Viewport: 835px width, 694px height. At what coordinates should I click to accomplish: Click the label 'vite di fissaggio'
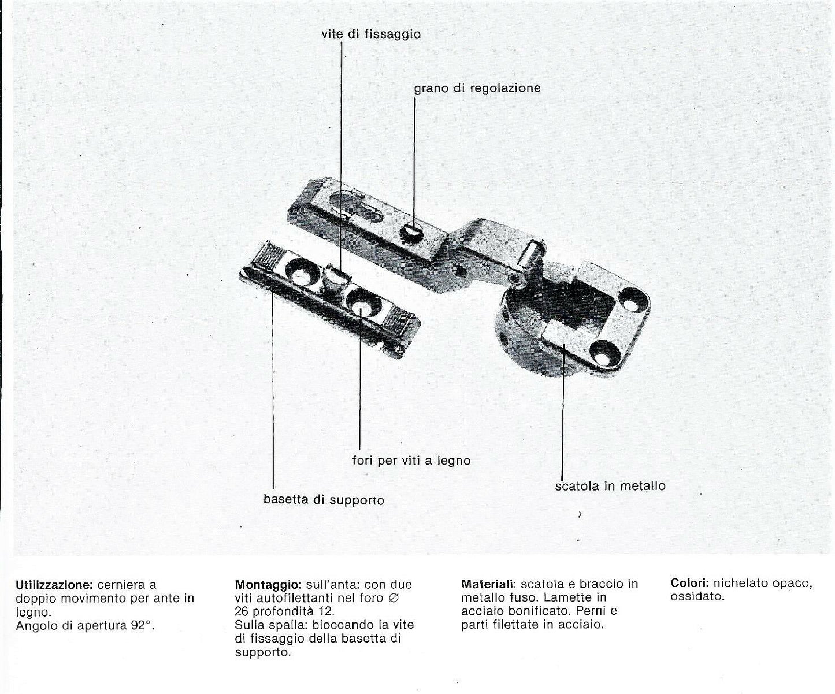tap(371, 34)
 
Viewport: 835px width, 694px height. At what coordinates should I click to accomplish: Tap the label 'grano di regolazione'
tap(477, 88)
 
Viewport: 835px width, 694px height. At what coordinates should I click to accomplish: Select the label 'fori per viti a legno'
tap(411, 461)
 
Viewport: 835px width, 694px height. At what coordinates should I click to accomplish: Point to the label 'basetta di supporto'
tap(324, 499)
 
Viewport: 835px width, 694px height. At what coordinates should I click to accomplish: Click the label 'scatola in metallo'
tap(610, 486)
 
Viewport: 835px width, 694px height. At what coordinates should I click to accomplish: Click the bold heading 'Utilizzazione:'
tap(54, 585)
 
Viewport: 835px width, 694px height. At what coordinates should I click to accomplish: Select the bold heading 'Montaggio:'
tap(268, 585)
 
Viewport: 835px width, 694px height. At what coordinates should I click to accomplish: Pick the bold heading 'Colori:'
tap(690, 583)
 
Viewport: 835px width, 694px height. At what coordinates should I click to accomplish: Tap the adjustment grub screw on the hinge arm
tap(411, 232)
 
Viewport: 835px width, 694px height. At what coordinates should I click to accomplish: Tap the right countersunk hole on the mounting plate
tap(362, 302)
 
